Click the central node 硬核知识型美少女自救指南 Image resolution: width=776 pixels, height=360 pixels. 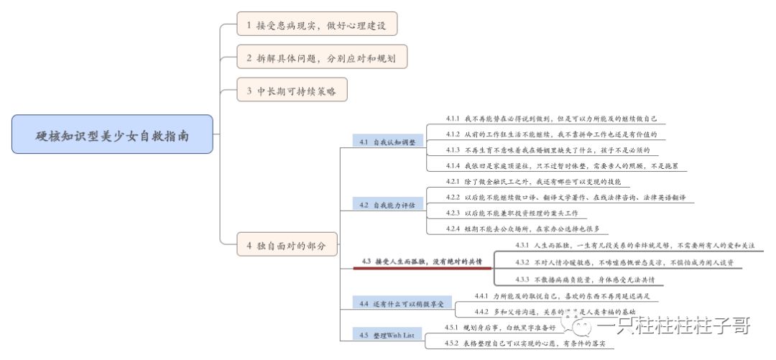(x=113, y=134)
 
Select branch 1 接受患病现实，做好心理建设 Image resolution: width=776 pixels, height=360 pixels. (x=317, y=24)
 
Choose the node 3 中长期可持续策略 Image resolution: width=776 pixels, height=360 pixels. (x=292, y=91)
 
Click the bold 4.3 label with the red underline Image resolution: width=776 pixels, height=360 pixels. (x=422, y=261)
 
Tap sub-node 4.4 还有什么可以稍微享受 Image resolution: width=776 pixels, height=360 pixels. (x=402, y=304)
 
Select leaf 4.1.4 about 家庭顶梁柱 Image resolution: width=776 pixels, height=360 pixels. (x=561, y=165)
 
